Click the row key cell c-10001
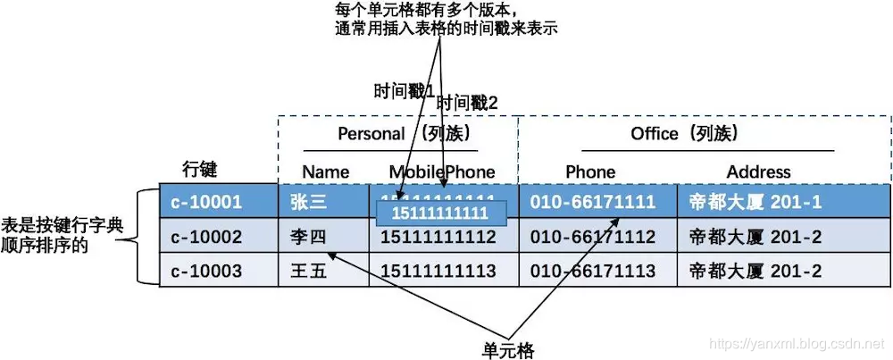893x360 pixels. click(x=206, y=202)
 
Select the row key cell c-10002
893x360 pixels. click(x=206, y=237)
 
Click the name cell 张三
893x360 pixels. click(x=309, y=202)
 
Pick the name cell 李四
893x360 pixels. click(x=309, y=237)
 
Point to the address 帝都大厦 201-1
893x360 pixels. click(x=755, y=202)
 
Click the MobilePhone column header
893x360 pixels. click(x=441, y=172)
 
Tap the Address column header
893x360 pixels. click(x=758, y=172)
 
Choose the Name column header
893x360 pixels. click(x=325, y=172)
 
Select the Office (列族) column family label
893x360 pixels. click(x=689, y=134)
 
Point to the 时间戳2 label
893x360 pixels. click(x=466, y=104)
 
